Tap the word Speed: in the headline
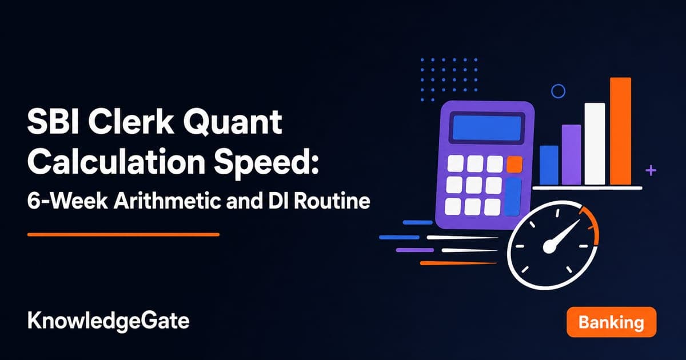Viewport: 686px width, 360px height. pos(266,163)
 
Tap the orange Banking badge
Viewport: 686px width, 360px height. pos(611,322)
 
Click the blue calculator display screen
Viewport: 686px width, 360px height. pos(487,128)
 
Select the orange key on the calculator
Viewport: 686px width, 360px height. pos(514,165)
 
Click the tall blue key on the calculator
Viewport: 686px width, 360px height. pos(513,197)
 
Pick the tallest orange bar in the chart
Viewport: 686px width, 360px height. pos(620,131)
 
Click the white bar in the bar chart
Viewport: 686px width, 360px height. pos(595,144)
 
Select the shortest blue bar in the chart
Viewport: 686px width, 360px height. pos(549,165)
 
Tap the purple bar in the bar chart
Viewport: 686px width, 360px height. pos(572,155)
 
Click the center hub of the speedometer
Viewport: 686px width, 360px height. pos(549,247)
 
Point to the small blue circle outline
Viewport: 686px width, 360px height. pos(559,85)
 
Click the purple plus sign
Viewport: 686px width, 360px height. pos(651,170)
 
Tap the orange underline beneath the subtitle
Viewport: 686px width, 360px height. pos(123,235)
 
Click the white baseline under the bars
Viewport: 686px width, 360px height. pos(588,188)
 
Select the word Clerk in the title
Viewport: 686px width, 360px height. pos(130,122)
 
